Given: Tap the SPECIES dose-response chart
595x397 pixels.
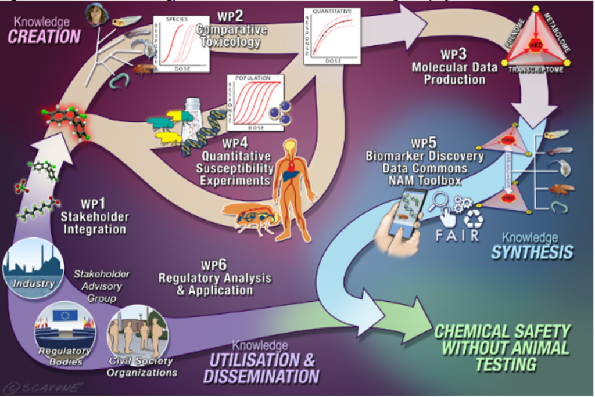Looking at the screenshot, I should click(x=180, y=44).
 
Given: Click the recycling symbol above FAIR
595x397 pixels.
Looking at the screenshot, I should click(x=473, y=219).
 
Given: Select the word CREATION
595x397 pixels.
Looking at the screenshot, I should click(x=44, y=37).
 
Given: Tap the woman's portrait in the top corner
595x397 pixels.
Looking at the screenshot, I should click(x=96, y=15).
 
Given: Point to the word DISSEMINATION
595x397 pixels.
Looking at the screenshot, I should click(x=261, y=376).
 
